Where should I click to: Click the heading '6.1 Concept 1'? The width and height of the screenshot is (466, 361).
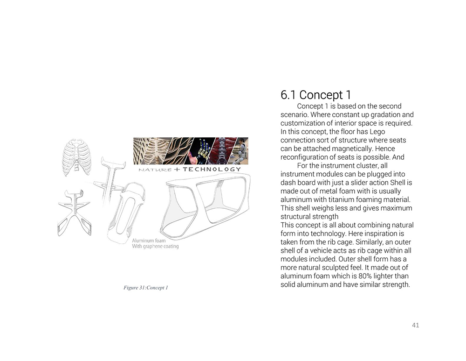tap(315, 95)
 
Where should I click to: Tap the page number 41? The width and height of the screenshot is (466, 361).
tap(416, 325)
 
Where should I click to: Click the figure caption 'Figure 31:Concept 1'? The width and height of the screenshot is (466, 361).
tap(146, 288)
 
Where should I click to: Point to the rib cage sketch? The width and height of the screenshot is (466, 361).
tap(76, 156)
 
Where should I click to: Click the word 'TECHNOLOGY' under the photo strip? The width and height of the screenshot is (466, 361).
tap(212, 169)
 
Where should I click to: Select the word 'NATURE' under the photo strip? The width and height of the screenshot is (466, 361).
tap(155, 170)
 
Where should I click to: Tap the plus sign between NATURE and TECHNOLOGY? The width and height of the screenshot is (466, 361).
tap(177, 169)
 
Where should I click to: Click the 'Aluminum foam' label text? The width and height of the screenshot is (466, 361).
tap(148, 241)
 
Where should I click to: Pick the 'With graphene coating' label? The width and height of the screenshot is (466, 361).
tap(155, 247)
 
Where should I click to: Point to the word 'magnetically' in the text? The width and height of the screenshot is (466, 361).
tap(350, 149)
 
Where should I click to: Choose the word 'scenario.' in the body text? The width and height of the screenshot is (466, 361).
tap(295, 114)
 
